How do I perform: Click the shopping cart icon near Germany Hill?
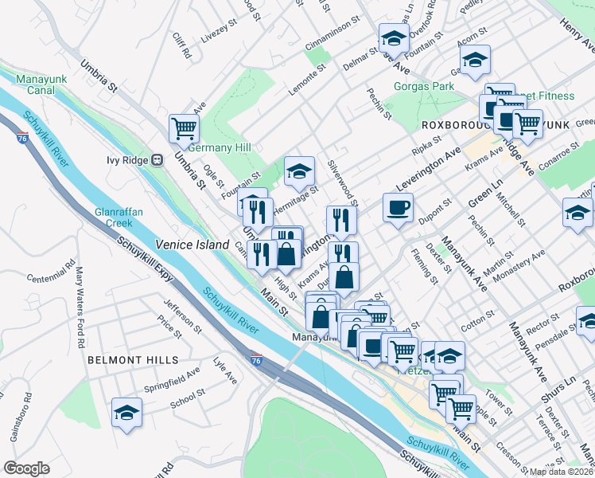(x=184, y=127)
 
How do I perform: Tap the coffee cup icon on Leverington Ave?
(x=398, y=207)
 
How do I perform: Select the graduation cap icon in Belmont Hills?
(x=126, y=412)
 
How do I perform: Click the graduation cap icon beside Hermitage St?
(x=299, y=170)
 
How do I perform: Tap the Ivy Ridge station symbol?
(x=157, y=159)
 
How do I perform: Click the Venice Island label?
(x=192, y=245)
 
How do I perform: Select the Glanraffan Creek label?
(x=119, y=218)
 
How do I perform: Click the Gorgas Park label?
(x=423, y=86)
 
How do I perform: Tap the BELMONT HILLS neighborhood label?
(x=133, y=360)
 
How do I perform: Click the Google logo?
(x=26, y=468)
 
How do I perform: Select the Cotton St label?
(x=476, y=322)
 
